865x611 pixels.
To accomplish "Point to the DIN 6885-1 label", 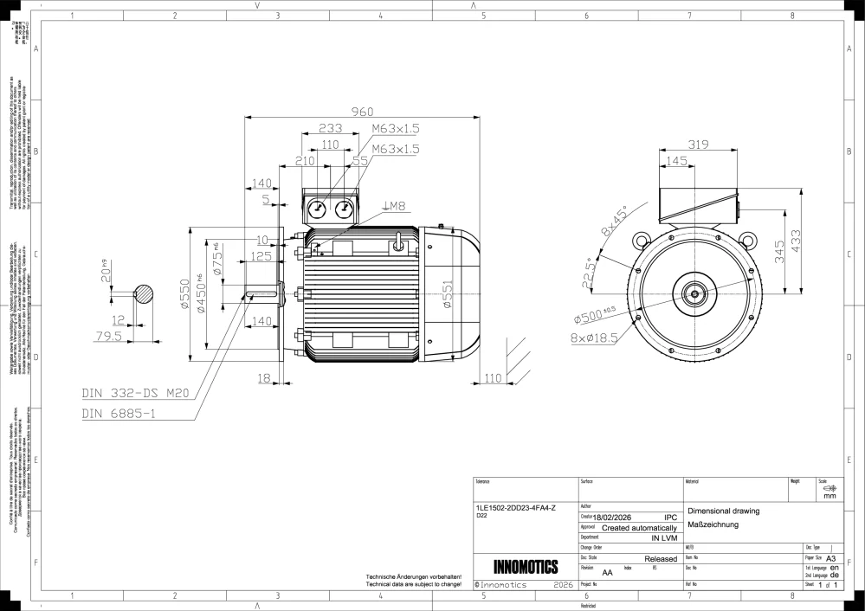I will [119, 414].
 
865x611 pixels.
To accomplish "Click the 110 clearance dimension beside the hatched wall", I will [493, 378].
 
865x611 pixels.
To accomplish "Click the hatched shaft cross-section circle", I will [144, 294].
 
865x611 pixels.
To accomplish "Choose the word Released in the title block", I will [661, 559].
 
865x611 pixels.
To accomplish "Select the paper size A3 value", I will [831, 559].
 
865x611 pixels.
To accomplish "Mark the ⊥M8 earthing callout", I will [394, 206].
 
